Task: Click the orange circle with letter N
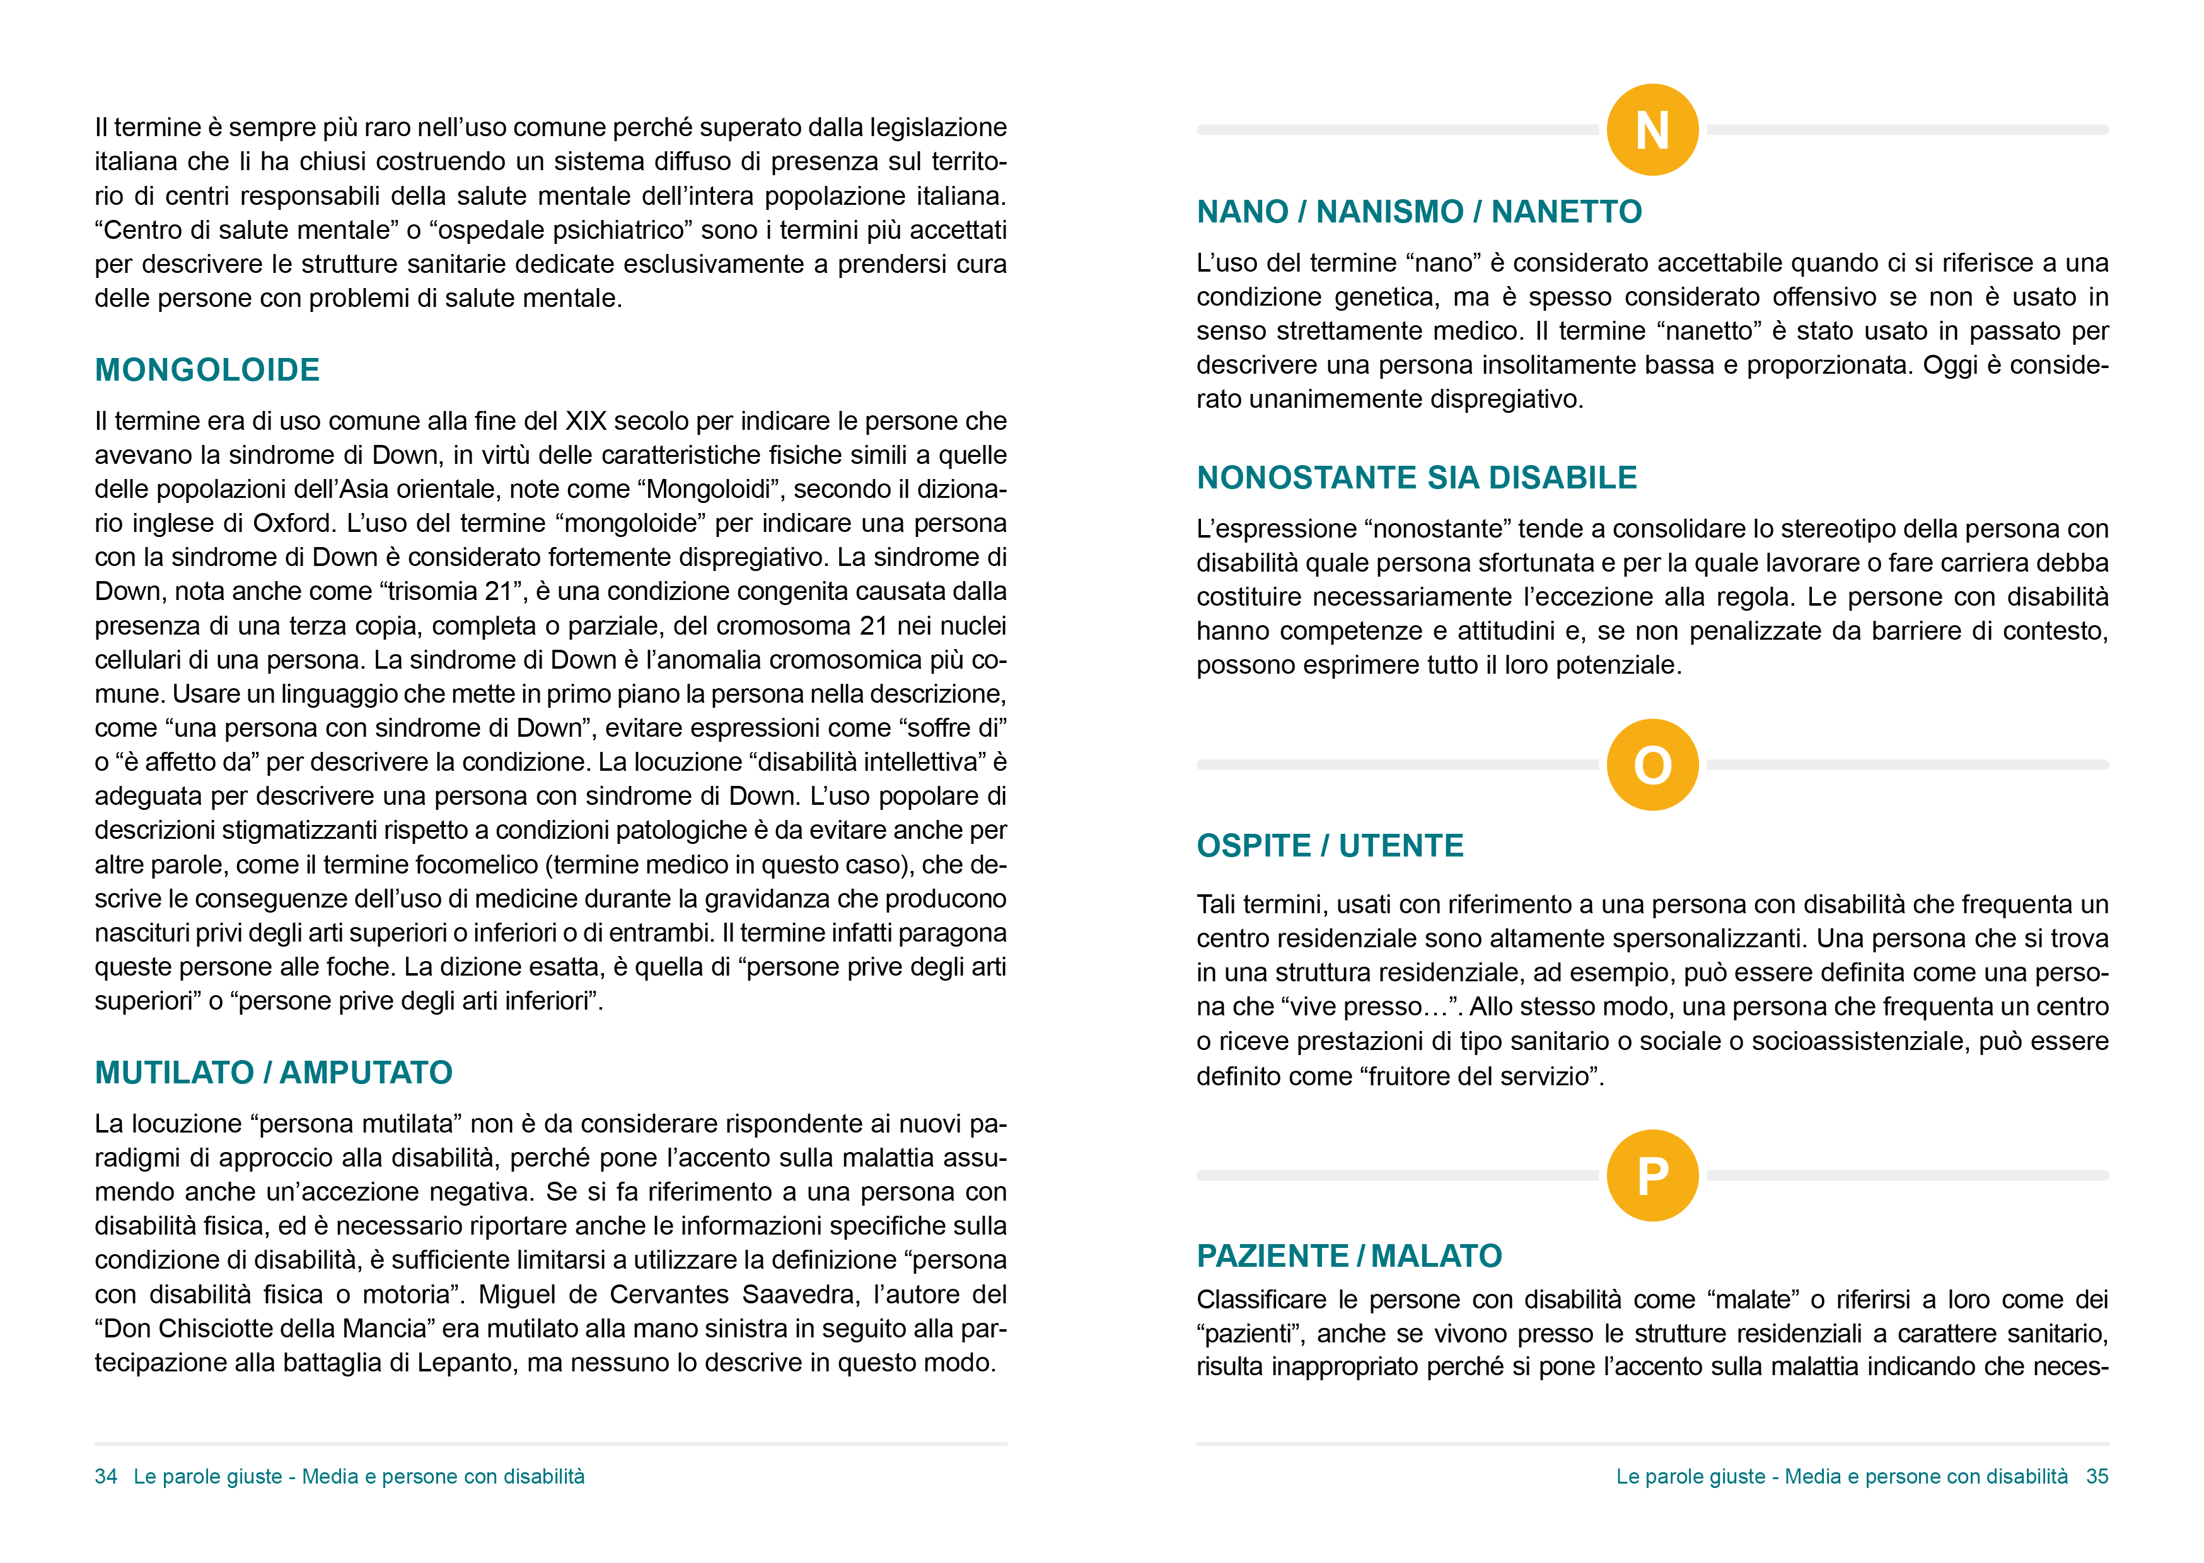coord(1652,130)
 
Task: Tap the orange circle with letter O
coord(1652,765)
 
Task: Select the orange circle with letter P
coord(1652,1175)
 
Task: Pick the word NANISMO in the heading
coord(1389,212)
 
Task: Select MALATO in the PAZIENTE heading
coord(1436,1256)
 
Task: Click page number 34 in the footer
coord(106,1477)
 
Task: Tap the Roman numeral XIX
coord(585,422)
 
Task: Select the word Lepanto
coord(462,1363)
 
